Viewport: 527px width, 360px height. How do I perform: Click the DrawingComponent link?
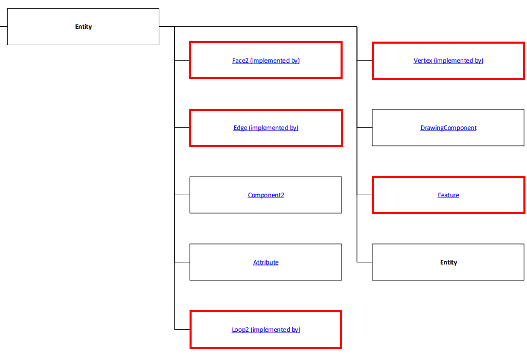(x=448, y=128)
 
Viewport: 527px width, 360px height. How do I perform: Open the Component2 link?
(x=266, y=195)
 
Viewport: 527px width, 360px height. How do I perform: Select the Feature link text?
(x=448, y=195)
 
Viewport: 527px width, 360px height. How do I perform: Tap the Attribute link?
(x=266, y=262)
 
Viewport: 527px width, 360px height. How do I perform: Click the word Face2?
(x=240, y=61)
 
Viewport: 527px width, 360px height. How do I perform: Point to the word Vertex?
(x=423, y=61)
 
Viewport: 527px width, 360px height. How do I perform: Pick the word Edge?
(x=240, y=128)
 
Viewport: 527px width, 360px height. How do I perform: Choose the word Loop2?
(x=240, y=330)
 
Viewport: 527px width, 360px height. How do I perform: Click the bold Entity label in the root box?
(x=83, y=27)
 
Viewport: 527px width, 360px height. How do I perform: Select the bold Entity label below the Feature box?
(x=448, y=262)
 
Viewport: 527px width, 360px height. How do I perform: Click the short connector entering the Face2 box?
(x=182, y=61)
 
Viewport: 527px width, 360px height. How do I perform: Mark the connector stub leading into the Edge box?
(x=182, y=128)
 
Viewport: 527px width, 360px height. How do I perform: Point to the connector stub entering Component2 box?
(x=182, y=195)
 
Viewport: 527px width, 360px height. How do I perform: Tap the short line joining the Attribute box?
(x=182, y=262)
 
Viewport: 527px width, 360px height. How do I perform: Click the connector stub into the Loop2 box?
(x=182, y=329)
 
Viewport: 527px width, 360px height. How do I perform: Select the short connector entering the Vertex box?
(x=365, y=61)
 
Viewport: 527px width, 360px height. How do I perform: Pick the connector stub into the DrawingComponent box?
(x=365, y=128)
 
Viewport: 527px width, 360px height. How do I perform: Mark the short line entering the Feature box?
(x=365, y=195)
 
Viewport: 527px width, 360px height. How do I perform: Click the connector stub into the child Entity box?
(x=365, y=262)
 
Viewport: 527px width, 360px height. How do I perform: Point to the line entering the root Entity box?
(x=4, y=27)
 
